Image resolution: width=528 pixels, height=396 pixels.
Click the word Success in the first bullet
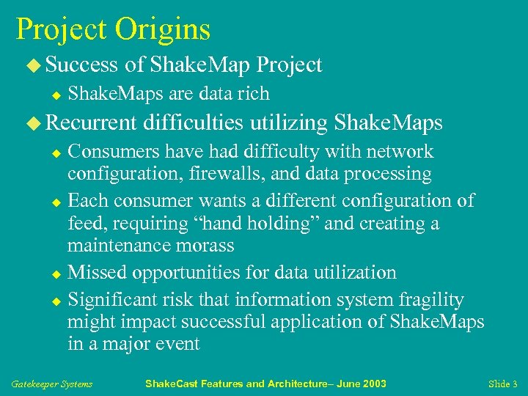(81, 65)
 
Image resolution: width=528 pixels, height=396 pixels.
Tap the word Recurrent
(91, 122)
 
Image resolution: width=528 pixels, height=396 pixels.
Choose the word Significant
(116, 299)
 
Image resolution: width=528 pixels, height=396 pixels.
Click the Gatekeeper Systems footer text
(52, 384)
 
